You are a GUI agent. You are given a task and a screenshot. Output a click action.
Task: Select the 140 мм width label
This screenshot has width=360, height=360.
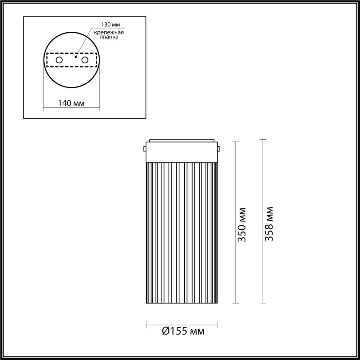71,103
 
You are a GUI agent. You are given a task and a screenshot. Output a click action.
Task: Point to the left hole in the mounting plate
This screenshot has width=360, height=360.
59,60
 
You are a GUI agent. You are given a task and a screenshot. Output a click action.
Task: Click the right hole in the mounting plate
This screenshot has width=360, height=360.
85,60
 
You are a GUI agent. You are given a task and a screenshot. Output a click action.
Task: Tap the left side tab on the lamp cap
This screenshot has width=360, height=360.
145,149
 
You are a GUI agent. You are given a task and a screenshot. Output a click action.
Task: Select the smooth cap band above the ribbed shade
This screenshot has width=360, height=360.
182,153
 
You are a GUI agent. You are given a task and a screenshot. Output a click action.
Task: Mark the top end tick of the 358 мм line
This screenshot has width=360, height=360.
263,140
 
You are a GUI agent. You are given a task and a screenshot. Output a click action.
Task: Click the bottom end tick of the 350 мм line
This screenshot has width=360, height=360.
236,303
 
